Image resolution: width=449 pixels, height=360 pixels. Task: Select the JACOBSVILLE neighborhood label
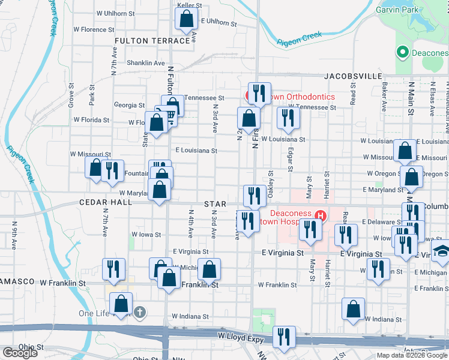click(354, 76)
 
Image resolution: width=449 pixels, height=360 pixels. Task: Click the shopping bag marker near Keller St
click(187, 20)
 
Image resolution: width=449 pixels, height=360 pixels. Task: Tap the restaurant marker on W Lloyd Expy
click(284, 338)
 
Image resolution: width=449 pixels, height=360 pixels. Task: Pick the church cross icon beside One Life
click(140, 312)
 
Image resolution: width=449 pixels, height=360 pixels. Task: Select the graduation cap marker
click(442, 253)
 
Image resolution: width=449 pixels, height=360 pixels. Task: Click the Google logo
click(20, 353)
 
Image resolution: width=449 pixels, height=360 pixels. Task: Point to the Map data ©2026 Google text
click(412, 355)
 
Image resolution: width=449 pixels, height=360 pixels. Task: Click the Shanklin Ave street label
click(145, 63)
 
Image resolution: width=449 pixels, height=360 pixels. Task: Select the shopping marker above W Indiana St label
click(354, 310)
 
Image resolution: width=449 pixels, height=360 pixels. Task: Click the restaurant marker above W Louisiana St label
click(288, 118)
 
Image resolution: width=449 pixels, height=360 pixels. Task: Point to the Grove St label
click(71, 95)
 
